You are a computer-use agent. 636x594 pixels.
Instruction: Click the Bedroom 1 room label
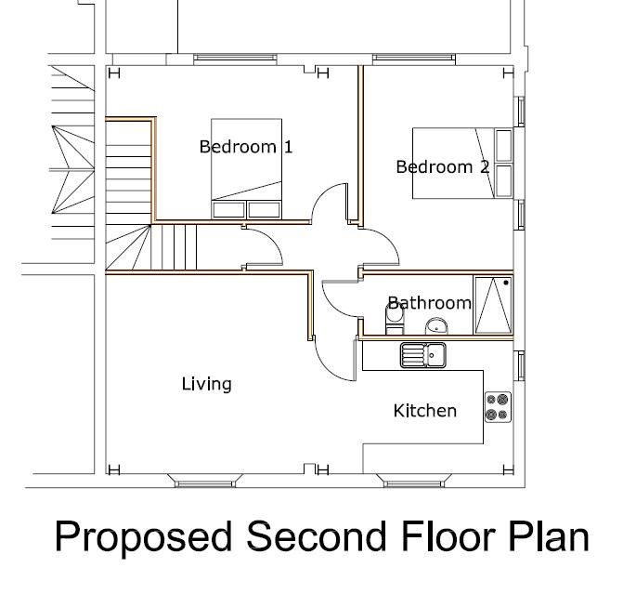pos(246,147)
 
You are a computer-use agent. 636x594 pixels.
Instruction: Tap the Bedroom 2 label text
pos(442,167)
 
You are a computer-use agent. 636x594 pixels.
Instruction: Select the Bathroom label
pos(429,303)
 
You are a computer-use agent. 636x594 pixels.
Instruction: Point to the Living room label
pos(206,384)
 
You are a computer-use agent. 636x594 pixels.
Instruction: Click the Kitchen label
pos(424,410)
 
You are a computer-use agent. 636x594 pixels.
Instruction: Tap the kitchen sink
pos(423,354)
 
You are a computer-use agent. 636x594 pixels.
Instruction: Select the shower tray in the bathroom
pos(493,305)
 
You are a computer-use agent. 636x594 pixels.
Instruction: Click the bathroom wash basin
pos(436,325)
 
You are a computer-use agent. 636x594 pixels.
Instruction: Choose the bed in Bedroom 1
pos(247,168)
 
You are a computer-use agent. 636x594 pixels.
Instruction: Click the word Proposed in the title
pos(140,538)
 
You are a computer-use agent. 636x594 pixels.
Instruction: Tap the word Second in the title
pos(309,538)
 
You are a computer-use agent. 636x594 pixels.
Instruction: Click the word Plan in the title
pos(549,538)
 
